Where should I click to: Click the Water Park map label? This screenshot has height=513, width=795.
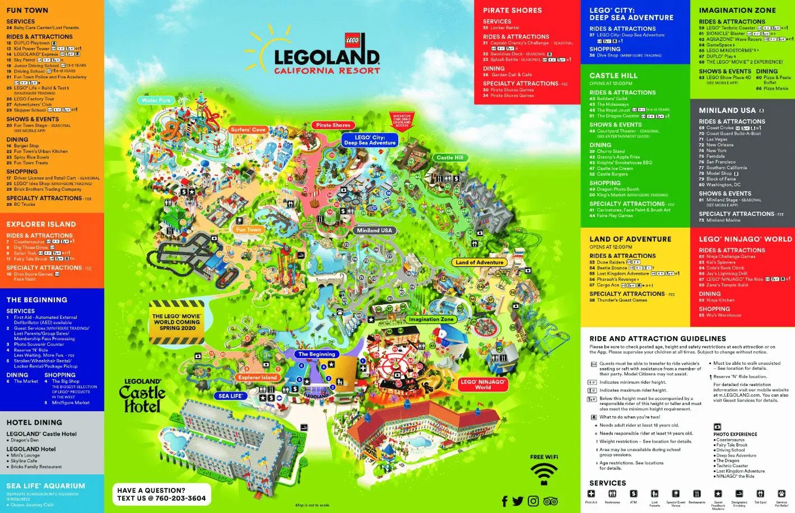156,101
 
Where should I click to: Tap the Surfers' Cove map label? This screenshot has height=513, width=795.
248,130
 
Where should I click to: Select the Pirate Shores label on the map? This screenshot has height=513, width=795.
333,125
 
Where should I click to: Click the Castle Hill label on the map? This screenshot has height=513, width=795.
450,158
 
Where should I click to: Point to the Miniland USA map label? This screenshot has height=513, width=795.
374,230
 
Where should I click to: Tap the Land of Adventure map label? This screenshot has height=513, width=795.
480,262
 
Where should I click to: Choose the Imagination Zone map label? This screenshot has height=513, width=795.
431,319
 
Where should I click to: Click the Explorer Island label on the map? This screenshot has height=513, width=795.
257,378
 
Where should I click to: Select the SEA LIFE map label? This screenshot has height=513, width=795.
230,396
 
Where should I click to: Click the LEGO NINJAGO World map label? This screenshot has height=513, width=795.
482,384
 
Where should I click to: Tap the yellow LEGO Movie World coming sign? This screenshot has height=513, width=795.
176,322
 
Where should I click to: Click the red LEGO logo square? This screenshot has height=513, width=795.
352,40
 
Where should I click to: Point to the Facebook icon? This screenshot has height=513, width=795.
505,501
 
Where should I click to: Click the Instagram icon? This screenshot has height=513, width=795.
533,501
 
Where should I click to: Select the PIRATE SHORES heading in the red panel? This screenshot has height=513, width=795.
512,11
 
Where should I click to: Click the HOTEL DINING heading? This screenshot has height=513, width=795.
34,423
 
